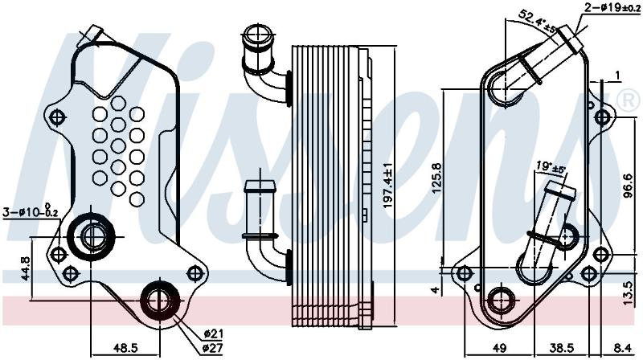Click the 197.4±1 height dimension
tap(388, 185)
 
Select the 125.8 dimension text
tap(437, 178)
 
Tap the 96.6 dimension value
tap(628, 186)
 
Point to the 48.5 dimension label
tap(125, 348)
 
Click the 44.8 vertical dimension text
tap(26, 268)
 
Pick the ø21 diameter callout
tap(213, 333)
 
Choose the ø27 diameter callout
tap(212, 348)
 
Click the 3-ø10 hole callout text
tap(31, 211)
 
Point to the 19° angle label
tap(551, 167)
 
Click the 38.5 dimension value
tap(562, 348)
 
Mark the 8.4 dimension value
tap(623, 348)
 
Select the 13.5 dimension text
tap(628, 292)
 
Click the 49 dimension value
tap(498, 348)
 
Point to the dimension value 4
tap(436, 289)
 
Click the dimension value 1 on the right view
tap(617, 75)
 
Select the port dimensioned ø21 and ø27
tap(159, 301)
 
